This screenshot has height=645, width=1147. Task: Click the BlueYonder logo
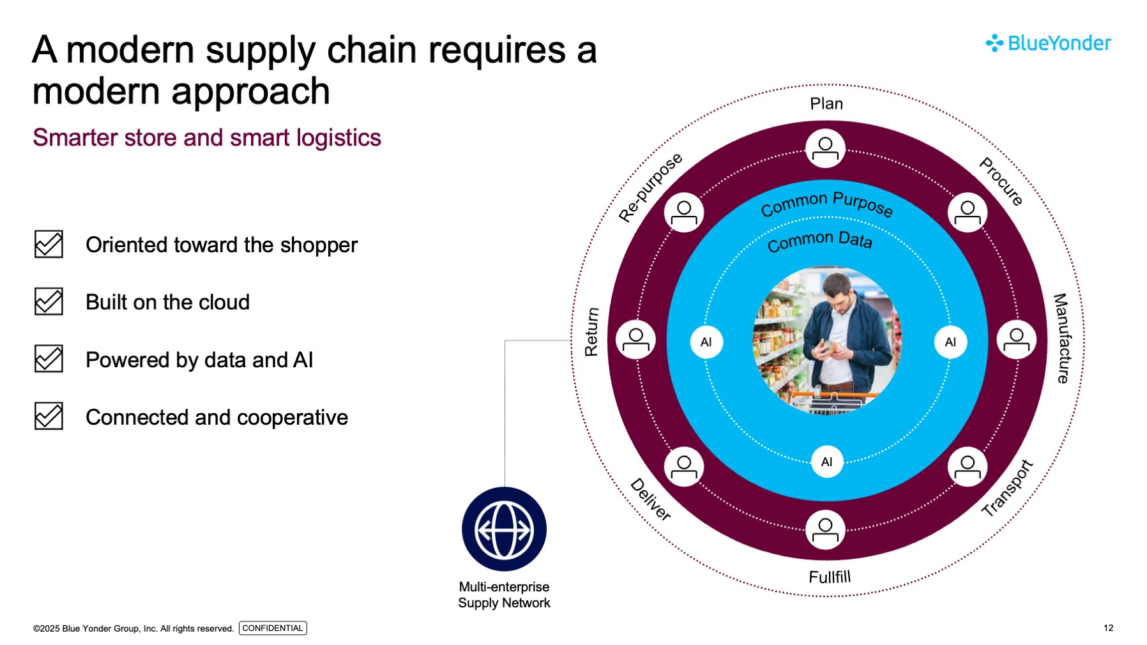pyautogui.click(x=1048, y=43)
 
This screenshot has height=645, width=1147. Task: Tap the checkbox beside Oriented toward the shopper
pyautogui.click(x=49, y=244)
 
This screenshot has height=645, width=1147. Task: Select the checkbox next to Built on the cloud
pyautogui.click(x=49, y=301)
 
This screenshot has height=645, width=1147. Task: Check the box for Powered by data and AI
pyautogui.click(x=49, y=359)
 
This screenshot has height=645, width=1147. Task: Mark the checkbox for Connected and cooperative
pyautogui.click(x=49, y=416)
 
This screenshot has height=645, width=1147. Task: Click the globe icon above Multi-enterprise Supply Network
pyautogui.click(x=504, y=529)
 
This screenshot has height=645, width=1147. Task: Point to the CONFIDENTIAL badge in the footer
pyautogui.click(x=273, y=628)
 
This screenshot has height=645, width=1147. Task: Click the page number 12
pyautogui.click(x=1108, y=628)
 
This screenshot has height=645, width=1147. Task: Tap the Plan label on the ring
pyautogui.click(x=826, y=103)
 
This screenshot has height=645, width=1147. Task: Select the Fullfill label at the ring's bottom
pyautogui.click(x=830, y=577)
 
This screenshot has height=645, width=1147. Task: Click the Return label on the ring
pyautogui.click(x=591, y=332)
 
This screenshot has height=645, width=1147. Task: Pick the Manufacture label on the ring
pyautogui.click(x=1061, y=338)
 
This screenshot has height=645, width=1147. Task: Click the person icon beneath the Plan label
pyautogui.click(x=825, y=148)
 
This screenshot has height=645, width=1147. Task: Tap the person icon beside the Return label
pyautogui.click(x=635, y=340)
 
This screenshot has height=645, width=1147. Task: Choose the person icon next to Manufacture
pyautogui.click(x=1016, y=340)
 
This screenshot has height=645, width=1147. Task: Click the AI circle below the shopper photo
pyautogui.click(x=826, y=462)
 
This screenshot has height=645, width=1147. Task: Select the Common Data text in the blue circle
pyautogui.click(x=819, y=241)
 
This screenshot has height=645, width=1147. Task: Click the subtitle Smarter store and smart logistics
pyautogui.click(x=207, y=138)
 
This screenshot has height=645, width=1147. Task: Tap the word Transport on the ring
pyautogui.click(x=1007, y=489)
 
